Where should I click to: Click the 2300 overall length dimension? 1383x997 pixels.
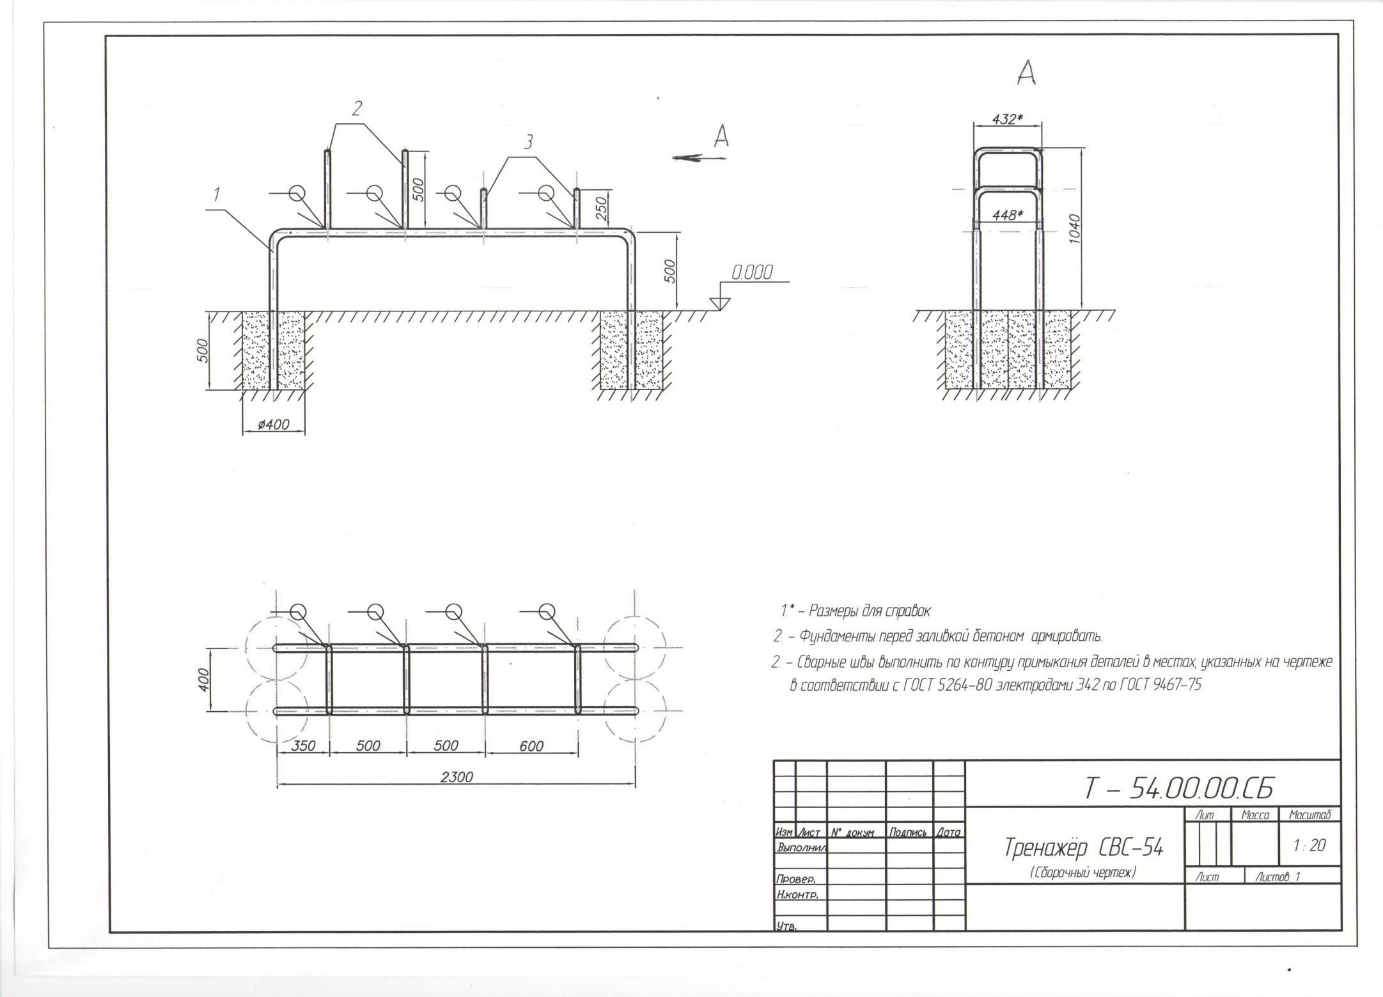tap(457, 778)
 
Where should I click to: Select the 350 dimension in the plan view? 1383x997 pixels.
tap(303, 746)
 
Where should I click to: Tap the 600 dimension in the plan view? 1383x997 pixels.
tap(531, 746)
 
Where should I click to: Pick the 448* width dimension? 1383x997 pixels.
tap(1007, 216)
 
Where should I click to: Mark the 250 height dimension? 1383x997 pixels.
tap(601, 208)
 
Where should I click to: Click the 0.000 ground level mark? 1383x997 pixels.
tap(752, 273)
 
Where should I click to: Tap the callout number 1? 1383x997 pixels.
tap(217, 193)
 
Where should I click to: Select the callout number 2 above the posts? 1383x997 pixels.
tap(357, 109)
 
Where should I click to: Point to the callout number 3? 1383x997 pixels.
tap(528, 142)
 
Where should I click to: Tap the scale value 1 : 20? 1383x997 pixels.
tap(1309, 845)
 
